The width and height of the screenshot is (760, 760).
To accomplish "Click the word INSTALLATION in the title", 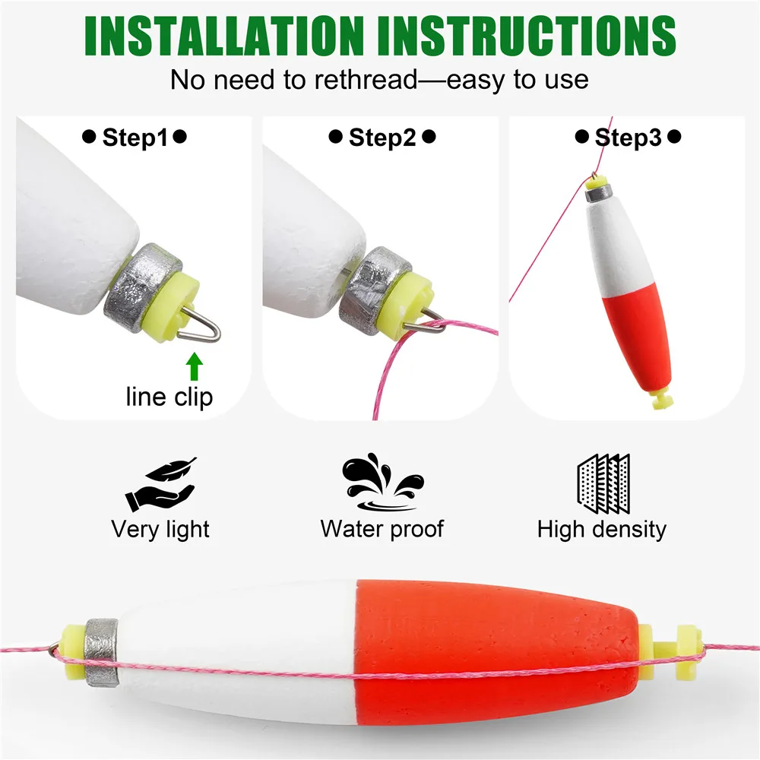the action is (224, 36).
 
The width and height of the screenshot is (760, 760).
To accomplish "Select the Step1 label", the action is (135, 138).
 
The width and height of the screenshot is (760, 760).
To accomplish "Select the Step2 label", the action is (382, 138).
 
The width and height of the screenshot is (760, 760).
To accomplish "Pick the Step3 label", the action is (629, 138).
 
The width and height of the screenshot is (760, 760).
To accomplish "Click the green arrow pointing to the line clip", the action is (195, 366).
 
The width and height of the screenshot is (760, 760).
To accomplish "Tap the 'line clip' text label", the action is (169, 397).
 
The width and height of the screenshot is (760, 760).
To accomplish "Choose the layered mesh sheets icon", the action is (603, 483).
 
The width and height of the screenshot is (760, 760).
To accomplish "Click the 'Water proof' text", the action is (382, 529).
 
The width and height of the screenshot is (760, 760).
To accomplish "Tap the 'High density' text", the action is (601, 529).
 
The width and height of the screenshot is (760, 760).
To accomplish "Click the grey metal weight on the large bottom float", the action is (101, 652).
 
